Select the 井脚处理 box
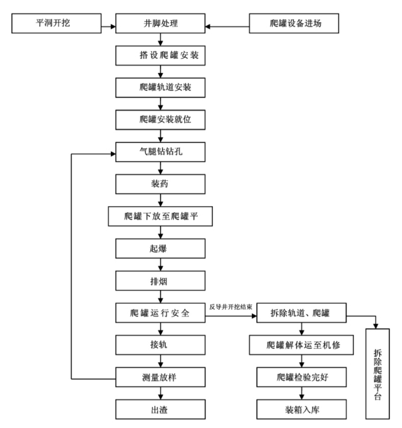click(160, 25)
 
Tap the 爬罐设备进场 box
click(296, 25)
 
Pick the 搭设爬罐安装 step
click(160, 56)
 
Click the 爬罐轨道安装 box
click(160, 87)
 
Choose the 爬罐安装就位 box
click(160, 119)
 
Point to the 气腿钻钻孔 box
click(160, 150)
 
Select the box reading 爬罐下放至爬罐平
click(160, 215)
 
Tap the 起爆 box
click(160, 248)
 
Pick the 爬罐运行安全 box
click(160, 313)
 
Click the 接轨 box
click(160, 345)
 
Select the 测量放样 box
click(160, 378)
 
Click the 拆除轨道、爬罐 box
click(301, 313)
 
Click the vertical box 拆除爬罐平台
click(377, 374)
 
